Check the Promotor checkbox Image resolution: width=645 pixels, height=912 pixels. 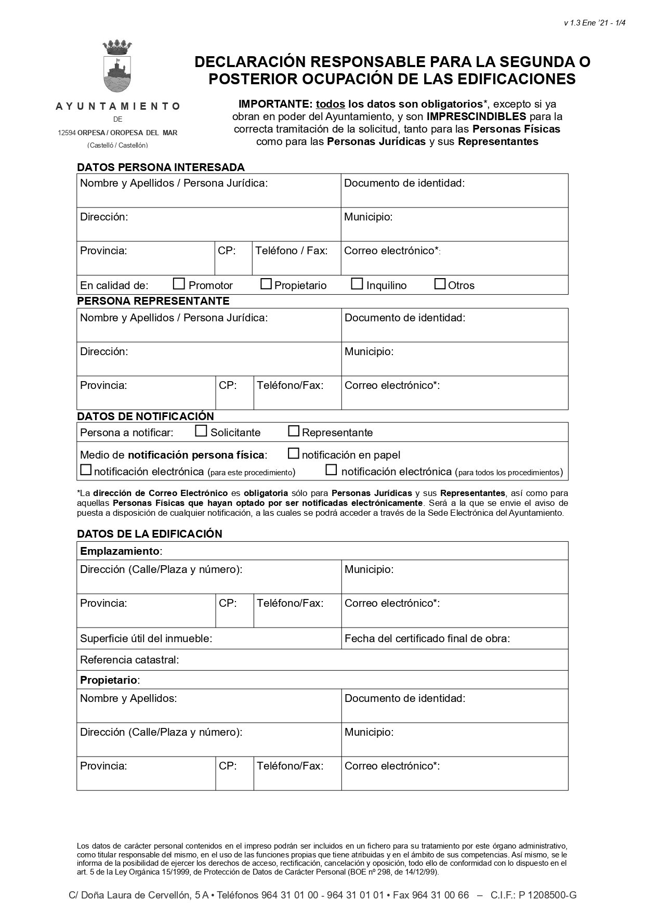coord(179,284)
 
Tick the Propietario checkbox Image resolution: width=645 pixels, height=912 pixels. coord(266,284)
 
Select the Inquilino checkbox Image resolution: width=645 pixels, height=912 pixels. coord(357,284)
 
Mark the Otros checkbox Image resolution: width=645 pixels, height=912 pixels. coord(440,284)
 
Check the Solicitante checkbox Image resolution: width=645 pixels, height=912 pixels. coord(201,431)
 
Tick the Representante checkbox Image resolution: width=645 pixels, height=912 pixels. coord(294,431)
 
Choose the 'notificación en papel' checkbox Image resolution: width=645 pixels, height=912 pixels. coord(294,453)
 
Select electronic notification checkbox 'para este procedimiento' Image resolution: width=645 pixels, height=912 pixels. coord(86,470)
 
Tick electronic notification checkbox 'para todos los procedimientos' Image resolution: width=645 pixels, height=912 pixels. coord(331,470)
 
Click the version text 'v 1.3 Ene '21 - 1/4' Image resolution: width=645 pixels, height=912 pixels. coord(594,23)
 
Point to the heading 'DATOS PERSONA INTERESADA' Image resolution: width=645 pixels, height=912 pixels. coord(161,167)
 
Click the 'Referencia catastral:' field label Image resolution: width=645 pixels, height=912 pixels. coord(129,660)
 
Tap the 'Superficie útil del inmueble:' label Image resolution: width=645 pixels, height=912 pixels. coord(146,639)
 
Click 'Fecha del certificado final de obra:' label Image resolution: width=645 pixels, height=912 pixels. coord(427,639)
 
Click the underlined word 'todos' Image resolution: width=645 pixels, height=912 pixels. coord(331,103)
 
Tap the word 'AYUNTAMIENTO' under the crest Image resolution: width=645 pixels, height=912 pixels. coord(118,106)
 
